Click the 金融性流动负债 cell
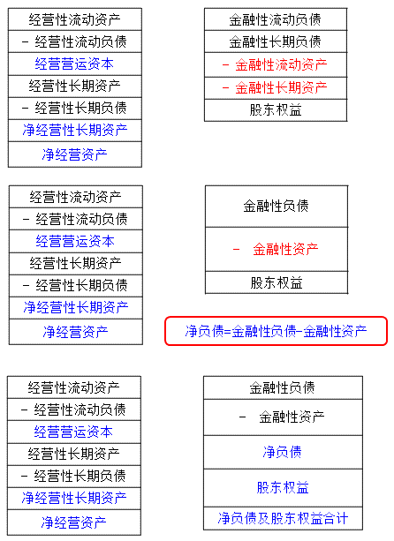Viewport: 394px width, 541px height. (x=276, y=19)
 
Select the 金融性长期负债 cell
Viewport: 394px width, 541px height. (x=276, y=41)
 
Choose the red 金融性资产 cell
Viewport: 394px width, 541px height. (x=277, y=249)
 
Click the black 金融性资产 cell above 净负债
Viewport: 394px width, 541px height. (x=283, y=417)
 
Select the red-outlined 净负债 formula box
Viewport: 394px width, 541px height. (x=276, y=331)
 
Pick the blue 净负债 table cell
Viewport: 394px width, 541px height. (x=283, y=452)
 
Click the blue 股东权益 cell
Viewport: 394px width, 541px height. (x=283, y=488)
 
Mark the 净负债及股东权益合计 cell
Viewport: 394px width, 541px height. (x=283, y=518)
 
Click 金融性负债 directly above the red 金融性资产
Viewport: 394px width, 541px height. (x=277, y=207)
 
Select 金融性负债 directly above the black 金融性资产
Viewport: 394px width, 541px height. (x=283, y=387)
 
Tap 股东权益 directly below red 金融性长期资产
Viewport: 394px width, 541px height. (x=276, y=110)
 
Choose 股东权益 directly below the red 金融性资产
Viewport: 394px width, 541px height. (x=277, y=282)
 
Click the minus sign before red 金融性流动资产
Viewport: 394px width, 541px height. (x=225, y=64)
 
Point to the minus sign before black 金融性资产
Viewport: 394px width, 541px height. (x=242, y=417)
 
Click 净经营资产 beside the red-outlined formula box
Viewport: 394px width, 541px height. (x=76, y=332)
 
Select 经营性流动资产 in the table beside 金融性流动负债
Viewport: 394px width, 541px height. (x=74, y=19)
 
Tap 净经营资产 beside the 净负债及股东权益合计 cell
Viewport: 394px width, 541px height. (x=74, y=522)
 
